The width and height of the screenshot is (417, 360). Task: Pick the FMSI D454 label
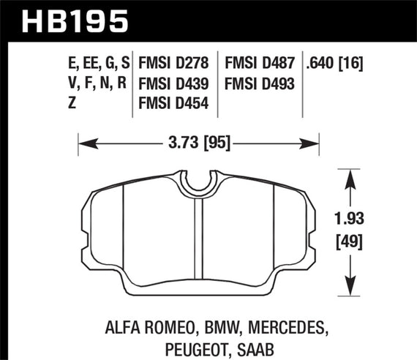coord(175,105)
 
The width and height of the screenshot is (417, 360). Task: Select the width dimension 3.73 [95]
coord(196,143)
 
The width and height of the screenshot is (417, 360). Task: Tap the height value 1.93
coord(354,217)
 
